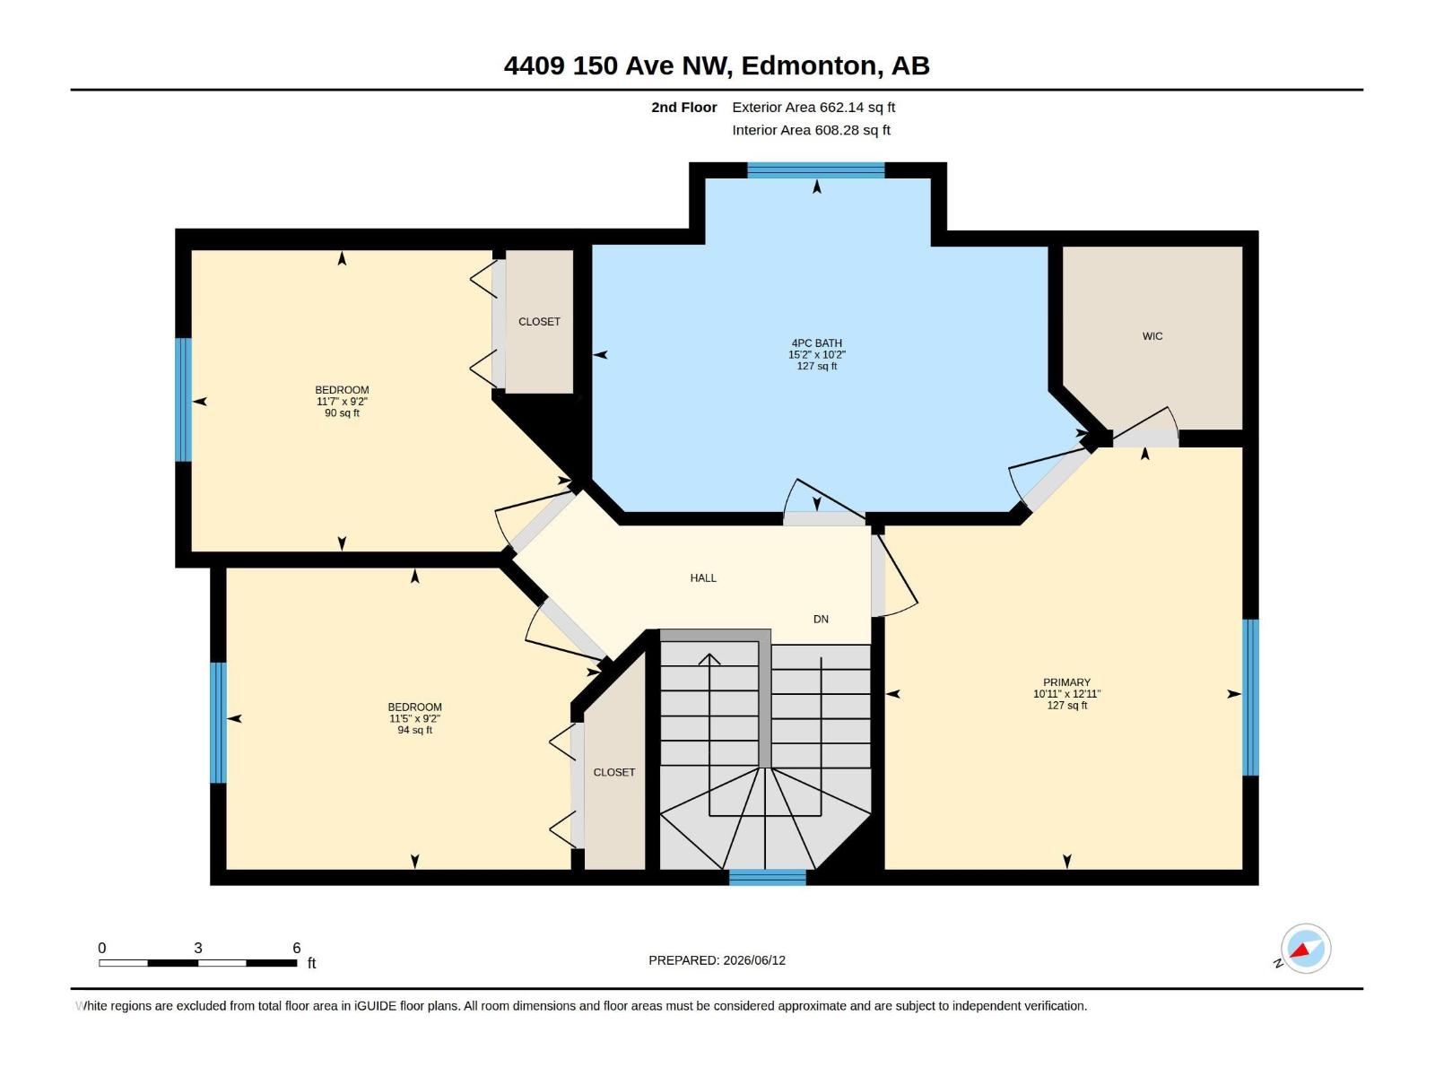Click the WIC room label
tap(1152, 336)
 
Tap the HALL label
tap(703, 578)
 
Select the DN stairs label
tap(821, 620)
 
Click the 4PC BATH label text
tap(816, 343)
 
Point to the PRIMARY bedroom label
tap(1066, 682)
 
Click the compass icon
tap(1305, 949)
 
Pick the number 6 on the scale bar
tap(296, 948)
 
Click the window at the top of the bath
tap(816, 170)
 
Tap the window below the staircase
tap(767, 878)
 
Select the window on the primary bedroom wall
tap(1250, 697)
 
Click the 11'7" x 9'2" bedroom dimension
tap(342, 402)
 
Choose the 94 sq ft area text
tap(414, 730)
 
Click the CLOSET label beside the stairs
tap(613, 772)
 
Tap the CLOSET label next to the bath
tap(539, 321)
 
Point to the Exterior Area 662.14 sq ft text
tap(813, 107)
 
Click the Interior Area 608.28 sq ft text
tap(811, 130)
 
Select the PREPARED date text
tap(717, 960)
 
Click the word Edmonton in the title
tap(808, 65)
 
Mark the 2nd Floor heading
tap(683, 107)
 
